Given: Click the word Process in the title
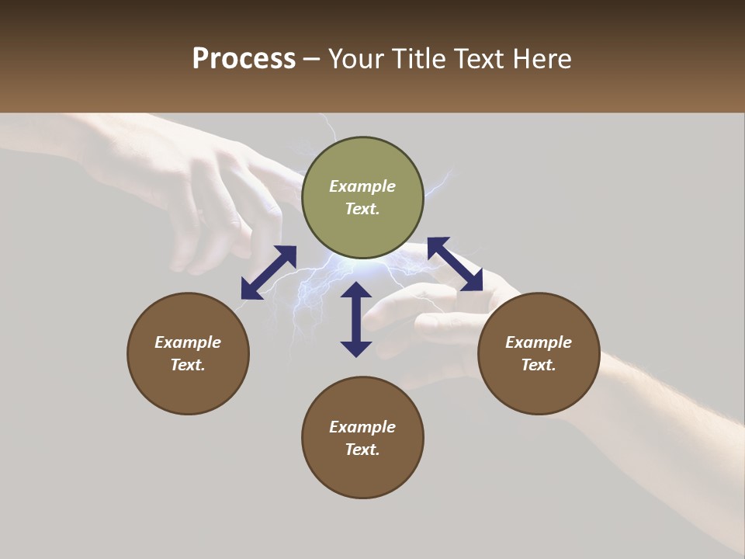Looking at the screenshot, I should point(244,59).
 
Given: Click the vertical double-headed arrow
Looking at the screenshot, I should point(356,319).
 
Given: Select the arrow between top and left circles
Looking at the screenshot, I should point(269,273).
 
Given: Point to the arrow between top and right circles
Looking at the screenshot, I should point(456,265).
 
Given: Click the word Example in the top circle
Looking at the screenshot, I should point(362,186).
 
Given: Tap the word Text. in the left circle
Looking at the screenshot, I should point(188,365).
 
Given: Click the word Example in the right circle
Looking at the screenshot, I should point(539,342).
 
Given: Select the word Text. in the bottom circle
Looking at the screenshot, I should point(362,450).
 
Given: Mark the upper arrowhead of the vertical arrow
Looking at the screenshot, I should point(356,290).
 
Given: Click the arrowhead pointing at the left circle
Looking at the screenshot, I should point(251,290).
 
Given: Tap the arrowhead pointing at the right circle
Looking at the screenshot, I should point(473,281).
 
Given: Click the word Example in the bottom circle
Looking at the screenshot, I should point(362,427).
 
